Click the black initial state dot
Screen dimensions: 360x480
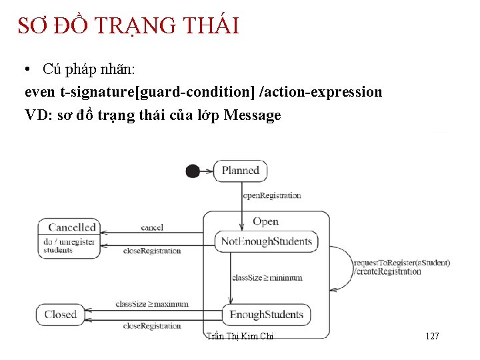(x=193, y=171)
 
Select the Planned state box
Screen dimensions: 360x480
(x=240, y=171)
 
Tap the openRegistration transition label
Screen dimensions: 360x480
(x=271, y=196)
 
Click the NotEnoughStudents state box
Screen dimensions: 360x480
(x=266, y=241)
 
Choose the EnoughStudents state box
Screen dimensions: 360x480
(x=266, y=315)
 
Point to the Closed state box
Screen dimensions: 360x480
(x=61, y=315)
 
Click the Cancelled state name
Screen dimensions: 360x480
(x=72, y=227)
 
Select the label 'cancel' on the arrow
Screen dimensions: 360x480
(x=152, y=228)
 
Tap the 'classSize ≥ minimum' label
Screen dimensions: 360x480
(x=267, y=278)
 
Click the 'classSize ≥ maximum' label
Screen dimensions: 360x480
(x=152, y=304)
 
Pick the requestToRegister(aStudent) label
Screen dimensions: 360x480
(x=402, y=263)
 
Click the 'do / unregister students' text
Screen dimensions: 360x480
(x=68, y=246)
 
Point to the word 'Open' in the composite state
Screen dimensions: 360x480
(x=265, y=222)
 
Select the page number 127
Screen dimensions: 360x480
(x=432, y=337)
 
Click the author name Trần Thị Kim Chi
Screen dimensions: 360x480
(x=240, y=337)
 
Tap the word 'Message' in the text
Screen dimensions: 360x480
(x=253, y=115)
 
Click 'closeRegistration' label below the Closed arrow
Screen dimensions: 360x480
(x=152, y=326)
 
